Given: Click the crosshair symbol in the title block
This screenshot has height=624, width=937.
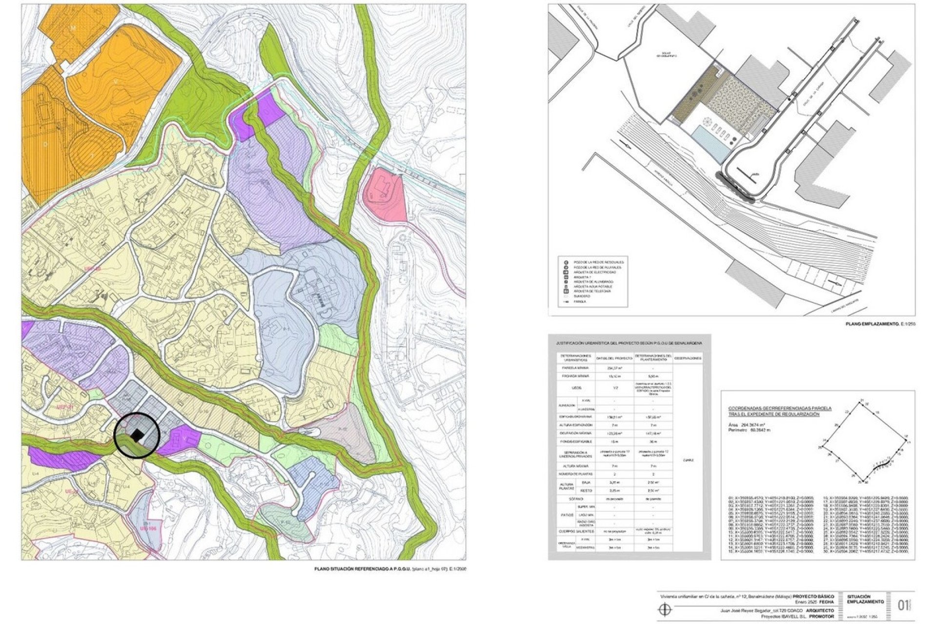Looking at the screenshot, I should (664, 609).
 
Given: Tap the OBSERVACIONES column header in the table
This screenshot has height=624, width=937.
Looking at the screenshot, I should (689, 358).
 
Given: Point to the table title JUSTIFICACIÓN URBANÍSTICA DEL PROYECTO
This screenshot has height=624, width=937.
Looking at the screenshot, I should (630, 343).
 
